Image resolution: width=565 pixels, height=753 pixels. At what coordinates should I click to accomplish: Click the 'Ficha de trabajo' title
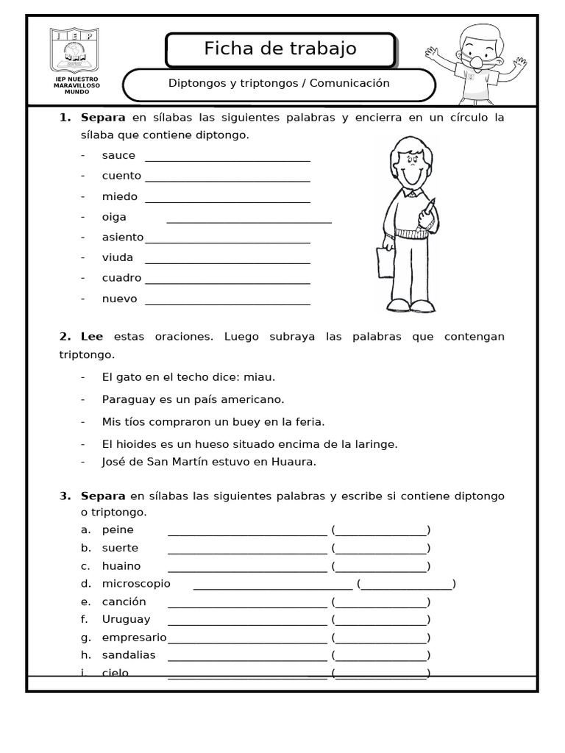280,49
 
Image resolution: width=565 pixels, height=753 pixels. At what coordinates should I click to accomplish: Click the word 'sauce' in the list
118,155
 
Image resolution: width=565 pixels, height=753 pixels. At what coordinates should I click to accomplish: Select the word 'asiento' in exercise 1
123,237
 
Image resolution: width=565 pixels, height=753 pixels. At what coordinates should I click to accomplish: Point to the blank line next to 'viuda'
227,262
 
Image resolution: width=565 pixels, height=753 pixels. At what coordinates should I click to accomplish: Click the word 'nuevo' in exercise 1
119,299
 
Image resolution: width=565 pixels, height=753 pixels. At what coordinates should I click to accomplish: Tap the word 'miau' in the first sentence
261,376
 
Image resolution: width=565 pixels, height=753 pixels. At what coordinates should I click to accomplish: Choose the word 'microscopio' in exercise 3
136,583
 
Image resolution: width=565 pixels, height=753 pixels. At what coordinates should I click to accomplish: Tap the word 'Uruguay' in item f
126,619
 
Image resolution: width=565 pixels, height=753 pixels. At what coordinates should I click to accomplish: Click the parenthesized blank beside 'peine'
380,529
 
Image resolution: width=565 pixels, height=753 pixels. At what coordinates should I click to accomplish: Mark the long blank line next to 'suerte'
247,552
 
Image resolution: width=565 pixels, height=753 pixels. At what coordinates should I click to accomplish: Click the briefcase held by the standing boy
385,262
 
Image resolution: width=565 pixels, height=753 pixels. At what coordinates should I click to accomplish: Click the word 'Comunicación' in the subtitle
349,83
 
